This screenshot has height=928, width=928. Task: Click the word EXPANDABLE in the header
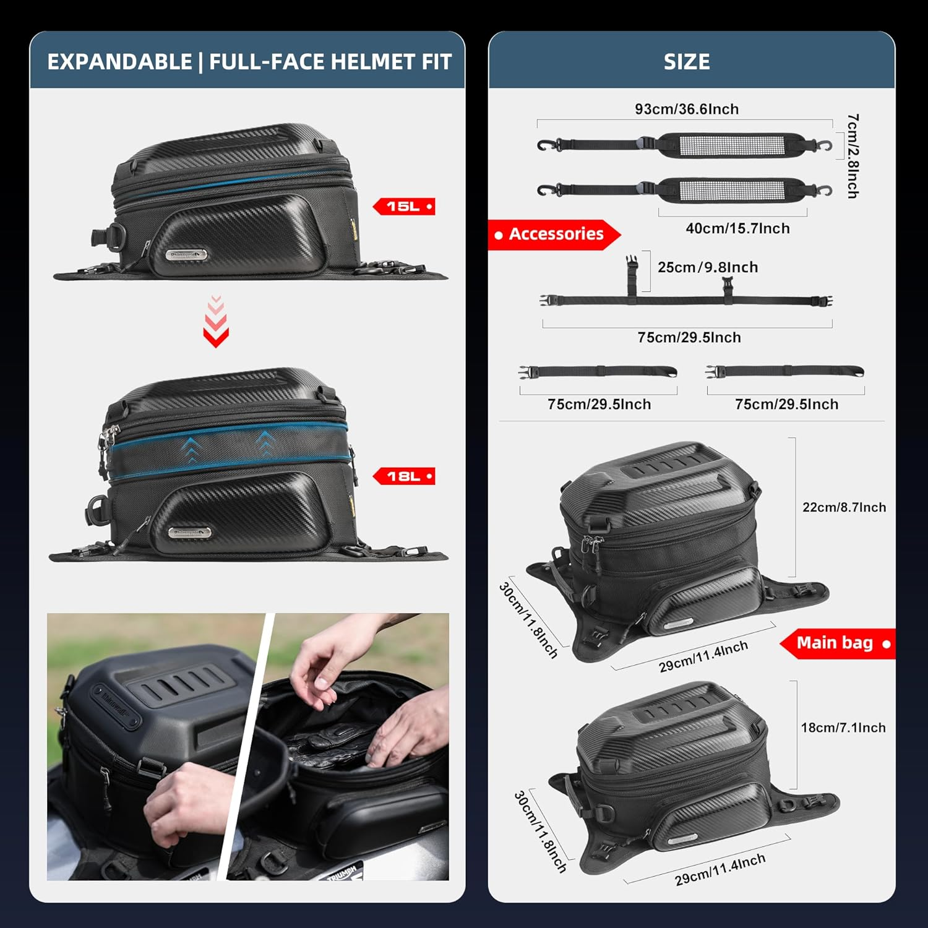point(119,62)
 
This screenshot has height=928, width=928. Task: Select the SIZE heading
point(687,62)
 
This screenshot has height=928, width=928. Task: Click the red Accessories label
point(555,234)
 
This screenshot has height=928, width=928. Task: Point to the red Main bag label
point(837,643)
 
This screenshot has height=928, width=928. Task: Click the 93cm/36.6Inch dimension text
point(687,110)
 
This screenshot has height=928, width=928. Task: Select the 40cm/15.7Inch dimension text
point(737,228)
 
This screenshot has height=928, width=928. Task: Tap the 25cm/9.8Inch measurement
point(707,267)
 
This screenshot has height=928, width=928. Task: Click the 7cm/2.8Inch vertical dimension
point(853,156)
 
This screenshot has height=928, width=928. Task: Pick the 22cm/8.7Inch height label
point(844,507)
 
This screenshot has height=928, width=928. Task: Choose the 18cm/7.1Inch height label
point(843,728)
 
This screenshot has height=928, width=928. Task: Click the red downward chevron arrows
point(216,322)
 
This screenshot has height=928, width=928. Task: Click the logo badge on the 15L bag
point(186,254)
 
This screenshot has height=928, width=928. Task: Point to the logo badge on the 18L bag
point(189,533)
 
